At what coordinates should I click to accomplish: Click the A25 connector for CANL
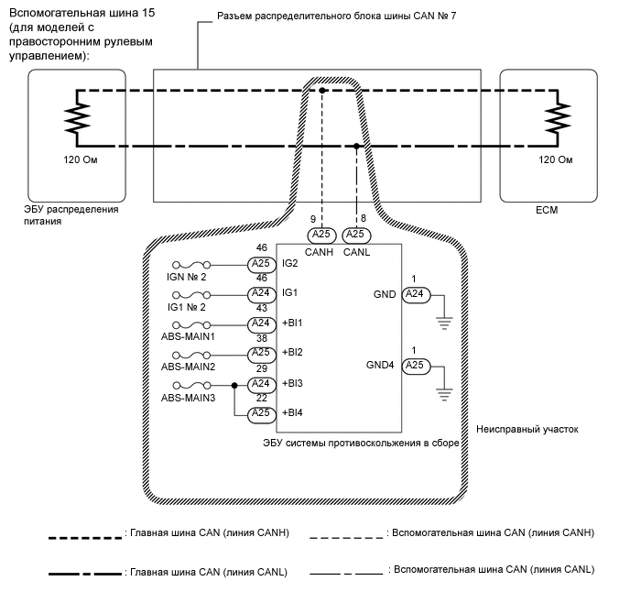click(356, 235)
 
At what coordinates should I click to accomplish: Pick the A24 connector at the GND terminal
click(414, 294)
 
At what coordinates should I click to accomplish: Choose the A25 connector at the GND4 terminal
click(414, 365)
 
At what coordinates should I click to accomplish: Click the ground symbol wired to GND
click(445, 320)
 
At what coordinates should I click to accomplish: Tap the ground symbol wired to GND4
click(445, 391)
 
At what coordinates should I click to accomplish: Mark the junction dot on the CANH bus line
click(323, 90)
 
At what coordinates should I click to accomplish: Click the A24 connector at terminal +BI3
click(262, 384)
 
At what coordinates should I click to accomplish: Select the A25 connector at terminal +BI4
click(262, 413)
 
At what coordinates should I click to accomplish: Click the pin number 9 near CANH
click(313, 219)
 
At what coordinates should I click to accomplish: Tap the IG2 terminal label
click(291, 264)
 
